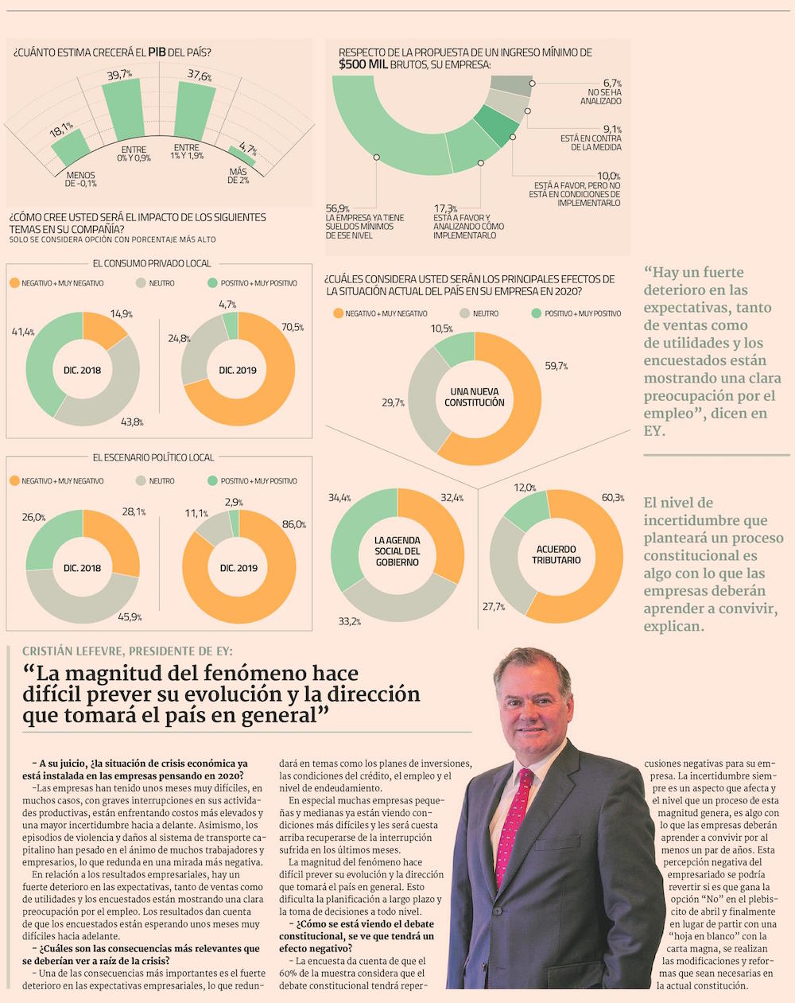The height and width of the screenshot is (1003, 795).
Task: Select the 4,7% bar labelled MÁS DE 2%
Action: point(242,155)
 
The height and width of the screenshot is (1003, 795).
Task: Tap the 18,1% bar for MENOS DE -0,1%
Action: point(70,148)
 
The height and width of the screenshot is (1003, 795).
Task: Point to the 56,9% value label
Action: point(338,208)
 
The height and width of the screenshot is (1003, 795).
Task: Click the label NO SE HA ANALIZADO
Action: point(601,97)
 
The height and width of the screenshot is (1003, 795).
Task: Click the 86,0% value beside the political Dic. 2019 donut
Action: point(293,525)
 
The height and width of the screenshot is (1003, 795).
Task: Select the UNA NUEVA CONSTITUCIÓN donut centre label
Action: point(475,397)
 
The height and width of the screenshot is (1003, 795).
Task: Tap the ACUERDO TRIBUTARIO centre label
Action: point(556,554)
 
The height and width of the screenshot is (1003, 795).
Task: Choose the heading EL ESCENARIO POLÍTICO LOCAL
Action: point(153,457)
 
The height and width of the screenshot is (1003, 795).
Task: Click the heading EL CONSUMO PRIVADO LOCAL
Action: point(152,263)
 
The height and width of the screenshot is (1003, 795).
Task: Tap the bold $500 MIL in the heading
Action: point(363,64)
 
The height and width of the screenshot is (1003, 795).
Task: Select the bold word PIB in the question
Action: point(157,52)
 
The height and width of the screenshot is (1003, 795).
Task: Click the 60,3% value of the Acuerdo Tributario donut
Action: point(612,498)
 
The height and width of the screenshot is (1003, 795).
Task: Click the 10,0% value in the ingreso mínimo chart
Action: point(609,176)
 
